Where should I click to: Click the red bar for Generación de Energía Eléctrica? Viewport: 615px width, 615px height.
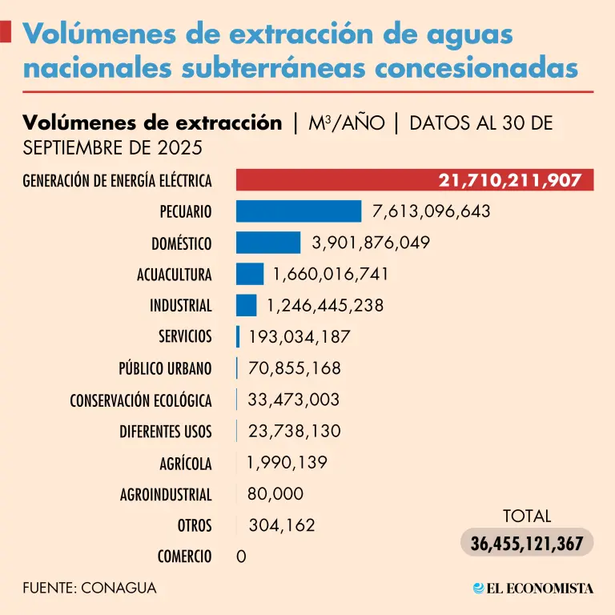[336, 180]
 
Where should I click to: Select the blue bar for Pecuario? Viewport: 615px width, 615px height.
[299, 211]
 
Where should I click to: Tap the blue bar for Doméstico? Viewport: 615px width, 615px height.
[268, 243]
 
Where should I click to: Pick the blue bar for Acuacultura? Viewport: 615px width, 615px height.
[250, 274]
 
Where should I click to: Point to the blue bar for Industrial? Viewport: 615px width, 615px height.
[246, 305]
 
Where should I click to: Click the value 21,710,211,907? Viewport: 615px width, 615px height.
[509, 180]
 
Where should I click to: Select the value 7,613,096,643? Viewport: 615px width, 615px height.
[431, 211]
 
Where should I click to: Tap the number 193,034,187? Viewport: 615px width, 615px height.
[299, 337]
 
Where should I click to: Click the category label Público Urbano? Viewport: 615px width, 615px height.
[165, 368]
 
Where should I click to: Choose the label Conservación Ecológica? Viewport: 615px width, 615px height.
[141, 400]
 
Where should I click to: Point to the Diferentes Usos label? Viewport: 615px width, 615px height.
[166, 432]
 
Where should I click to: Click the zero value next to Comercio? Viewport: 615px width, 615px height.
[241, 557]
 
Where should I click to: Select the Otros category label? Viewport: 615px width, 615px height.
[195, 525]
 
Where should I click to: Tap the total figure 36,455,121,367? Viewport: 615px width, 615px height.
[526, 543]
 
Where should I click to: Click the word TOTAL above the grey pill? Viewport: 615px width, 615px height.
[527, 516]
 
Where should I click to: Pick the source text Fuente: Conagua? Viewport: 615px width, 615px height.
[90, 588]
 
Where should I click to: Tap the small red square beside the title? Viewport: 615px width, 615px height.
[6, 32]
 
